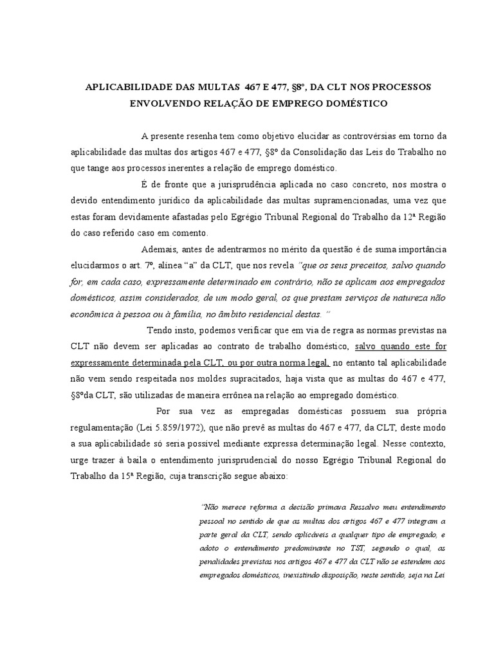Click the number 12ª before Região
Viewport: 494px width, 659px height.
point(381,217)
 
